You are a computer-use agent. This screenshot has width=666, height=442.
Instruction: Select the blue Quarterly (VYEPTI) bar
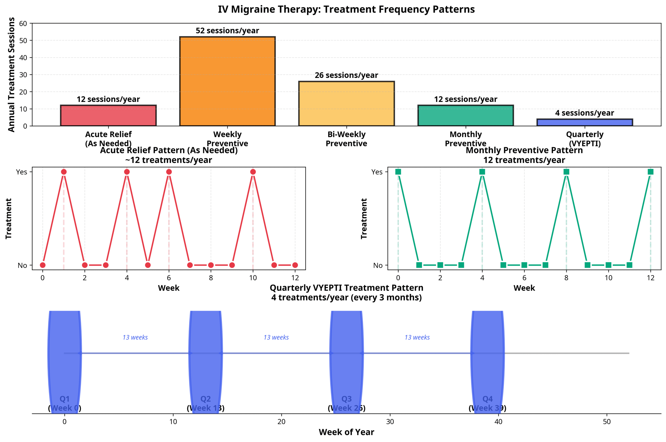coord(585,122)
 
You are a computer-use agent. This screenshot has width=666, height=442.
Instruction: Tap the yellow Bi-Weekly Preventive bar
coord(347,103)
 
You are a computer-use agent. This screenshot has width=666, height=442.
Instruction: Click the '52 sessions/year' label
coord(227,30)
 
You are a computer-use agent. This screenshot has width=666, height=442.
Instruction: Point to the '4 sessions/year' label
coord(585,113)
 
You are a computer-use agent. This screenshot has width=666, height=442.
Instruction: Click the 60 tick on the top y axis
coord(23,23)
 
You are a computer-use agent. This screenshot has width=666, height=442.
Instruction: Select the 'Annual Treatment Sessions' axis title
coord(11,74)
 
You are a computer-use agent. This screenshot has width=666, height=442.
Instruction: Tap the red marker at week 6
coord(169,172)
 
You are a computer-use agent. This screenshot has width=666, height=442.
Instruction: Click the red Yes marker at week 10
coord(253,172)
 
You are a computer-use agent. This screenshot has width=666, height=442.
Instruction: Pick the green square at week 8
coord(566,172)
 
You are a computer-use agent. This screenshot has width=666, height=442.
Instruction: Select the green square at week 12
coord(650,172)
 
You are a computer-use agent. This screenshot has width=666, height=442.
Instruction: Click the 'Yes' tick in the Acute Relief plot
coord(22,172)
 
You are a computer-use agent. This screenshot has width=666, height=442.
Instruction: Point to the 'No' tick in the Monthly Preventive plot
coord(378,265)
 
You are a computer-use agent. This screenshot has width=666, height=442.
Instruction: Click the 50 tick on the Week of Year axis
coord(606,421)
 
